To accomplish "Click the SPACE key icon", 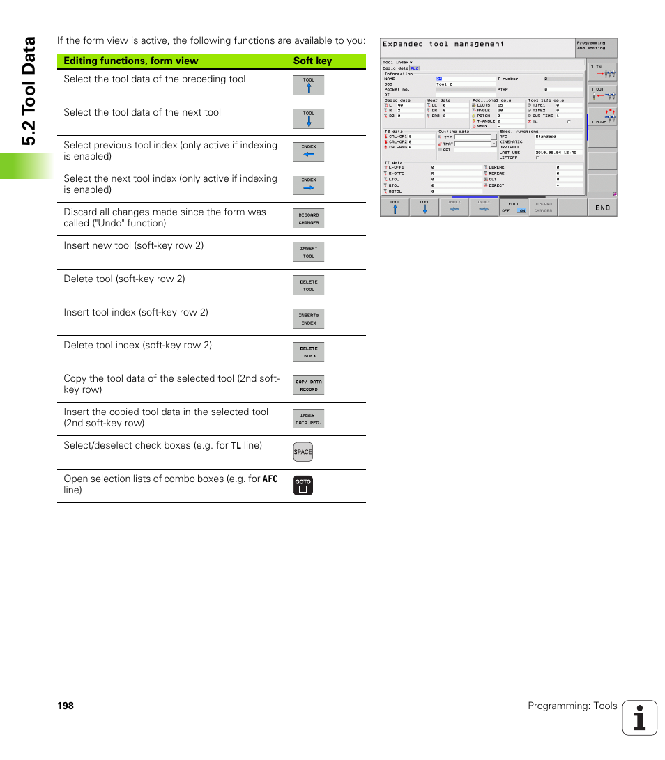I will (303, 452).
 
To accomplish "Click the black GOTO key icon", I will (303, 485).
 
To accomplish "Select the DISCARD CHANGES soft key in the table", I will (308, 219).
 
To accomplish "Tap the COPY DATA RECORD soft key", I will (308, 385).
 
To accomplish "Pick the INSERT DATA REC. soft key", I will (308, 419).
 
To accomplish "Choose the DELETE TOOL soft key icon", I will (308, 286).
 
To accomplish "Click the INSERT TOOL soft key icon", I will (308, 252).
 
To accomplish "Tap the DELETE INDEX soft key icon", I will (308, 352).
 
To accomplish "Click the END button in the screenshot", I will (602, 207).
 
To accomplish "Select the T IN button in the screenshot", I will (602, 71).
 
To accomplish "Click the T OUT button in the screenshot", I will (602, 93).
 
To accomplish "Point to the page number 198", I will (66, 706).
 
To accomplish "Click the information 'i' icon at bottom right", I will (640, 718).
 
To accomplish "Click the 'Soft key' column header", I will (312, 61).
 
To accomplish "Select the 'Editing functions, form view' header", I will (130, 61).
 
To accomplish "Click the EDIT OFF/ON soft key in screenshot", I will (514, 207).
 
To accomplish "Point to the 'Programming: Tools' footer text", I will (572, 706).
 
